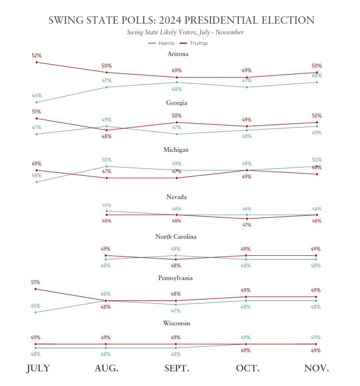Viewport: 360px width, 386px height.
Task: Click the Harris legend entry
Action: click(162, 43)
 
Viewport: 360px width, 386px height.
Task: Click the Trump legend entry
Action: click(194, 43)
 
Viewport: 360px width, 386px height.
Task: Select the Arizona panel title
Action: click(178, 54)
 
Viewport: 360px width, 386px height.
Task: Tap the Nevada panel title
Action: click(176, 197)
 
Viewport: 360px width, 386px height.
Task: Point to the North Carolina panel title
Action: click(176, 237)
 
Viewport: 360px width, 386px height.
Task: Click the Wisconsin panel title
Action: click(176, 323)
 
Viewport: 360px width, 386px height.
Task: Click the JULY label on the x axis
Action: click(38, 368)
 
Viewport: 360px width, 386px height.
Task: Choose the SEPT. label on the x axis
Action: click(177, 368)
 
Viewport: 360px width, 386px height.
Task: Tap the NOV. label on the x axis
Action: click(316, 368)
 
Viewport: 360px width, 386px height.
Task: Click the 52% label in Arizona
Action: click(37, 56)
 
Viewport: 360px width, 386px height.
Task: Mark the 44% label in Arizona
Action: click(37, 96)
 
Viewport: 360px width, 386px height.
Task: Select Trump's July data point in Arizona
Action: click(37, 62)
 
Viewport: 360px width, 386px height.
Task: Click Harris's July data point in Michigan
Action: click(37, 182)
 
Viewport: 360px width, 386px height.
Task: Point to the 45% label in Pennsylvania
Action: click(36, 306)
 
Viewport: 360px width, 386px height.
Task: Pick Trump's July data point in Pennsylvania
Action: click(36, 289)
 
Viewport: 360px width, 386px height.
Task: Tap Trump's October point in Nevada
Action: click(247, 219)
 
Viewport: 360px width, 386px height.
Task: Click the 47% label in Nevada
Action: click(247, 225)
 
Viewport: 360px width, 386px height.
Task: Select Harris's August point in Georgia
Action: click(107, 126)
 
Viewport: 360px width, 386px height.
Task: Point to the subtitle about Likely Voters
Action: click(185, 32)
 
